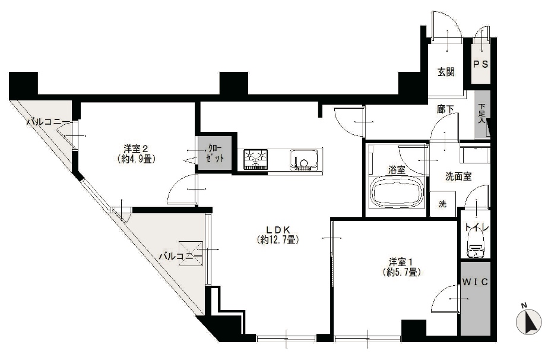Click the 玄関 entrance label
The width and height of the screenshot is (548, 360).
pos(446,72)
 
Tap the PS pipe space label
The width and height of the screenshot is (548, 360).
pos(480,64)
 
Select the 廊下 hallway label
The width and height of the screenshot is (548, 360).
pos(446,109)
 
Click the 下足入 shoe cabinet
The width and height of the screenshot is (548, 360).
pos(482,115)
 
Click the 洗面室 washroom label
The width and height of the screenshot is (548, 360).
pos(458,176)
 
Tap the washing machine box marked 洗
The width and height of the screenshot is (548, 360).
pos(442,204)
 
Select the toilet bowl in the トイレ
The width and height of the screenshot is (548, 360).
pos(475,247)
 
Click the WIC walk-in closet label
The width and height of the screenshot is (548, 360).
pos(475,282)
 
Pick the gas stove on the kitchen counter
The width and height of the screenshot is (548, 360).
pos(255,159)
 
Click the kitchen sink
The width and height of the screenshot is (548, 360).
pos(304,160)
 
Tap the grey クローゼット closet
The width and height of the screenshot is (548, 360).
pos(215,153)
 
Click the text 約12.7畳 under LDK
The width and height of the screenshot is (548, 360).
pos(278,240)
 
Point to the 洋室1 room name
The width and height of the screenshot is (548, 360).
pos(401,262)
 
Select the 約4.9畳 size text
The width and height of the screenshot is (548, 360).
pos(137,159)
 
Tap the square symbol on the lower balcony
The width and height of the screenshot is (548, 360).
pos(191,253)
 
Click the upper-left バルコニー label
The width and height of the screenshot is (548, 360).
pos(49,122)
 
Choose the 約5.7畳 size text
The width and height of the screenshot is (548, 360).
pos(401,273)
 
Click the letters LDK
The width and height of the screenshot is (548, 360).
pos(278,230)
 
